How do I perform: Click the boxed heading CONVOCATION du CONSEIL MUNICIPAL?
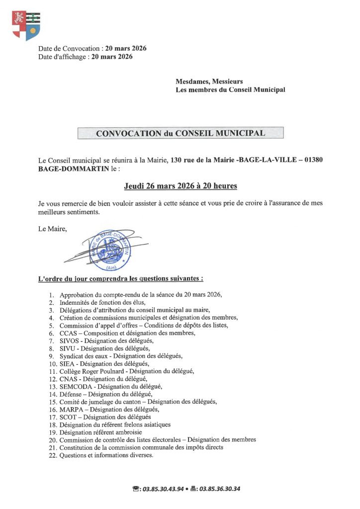tap(180, 133)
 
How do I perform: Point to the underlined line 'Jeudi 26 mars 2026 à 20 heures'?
tap(180, 186)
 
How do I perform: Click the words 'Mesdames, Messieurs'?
tap(209, 82)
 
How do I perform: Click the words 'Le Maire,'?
tap(52, 229)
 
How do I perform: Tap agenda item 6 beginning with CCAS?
tap(127, 333)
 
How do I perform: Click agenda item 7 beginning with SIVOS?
tap(106, 341)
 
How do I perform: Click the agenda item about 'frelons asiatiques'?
tap(115, 425)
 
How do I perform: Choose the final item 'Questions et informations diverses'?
tap(106, 455)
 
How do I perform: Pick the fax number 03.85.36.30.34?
tap(219, 489)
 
